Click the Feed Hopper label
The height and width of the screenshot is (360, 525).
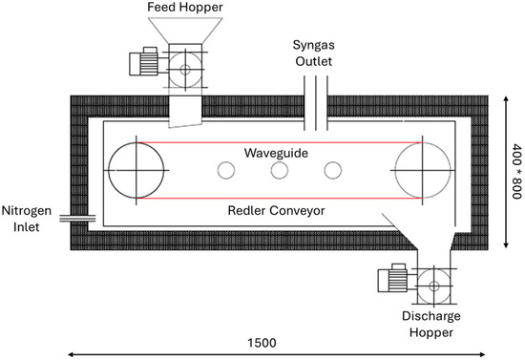pos(185,7)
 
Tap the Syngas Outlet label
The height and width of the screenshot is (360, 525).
pos(314,53)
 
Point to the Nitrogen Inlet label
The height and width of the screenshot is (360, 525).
pos(27,219)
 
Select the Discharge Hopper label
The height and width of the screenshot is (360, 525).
pos(431,324)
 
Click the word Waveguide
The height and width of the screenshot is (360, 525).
pos(276,153)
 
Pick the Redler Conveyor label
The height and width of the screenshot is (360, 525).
pos(276,211)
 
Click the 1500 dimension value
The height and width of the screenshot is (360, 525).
pos(262,343)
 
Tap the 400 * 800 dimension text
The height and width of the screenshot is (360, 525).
pos(517,171)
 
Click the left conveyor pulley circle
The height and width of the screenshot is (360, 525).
pos(108,171)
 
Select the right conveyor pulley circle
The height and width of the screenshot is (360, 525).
pos(395,171)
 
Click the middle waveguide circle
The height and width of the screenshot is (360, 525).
pos(271,171)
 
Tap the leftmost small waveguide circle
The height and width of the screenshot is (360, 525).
pos(218,171)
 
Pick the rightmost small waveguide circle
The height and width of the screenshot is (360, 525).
pos(325,171)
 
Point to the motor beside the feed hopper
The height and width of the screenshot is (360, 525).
pos(144,62)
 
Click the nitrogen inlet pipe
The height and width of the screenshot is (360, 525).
pos(77,219)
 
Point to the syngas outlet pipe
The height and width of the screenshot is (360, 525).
pos(315,103)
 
